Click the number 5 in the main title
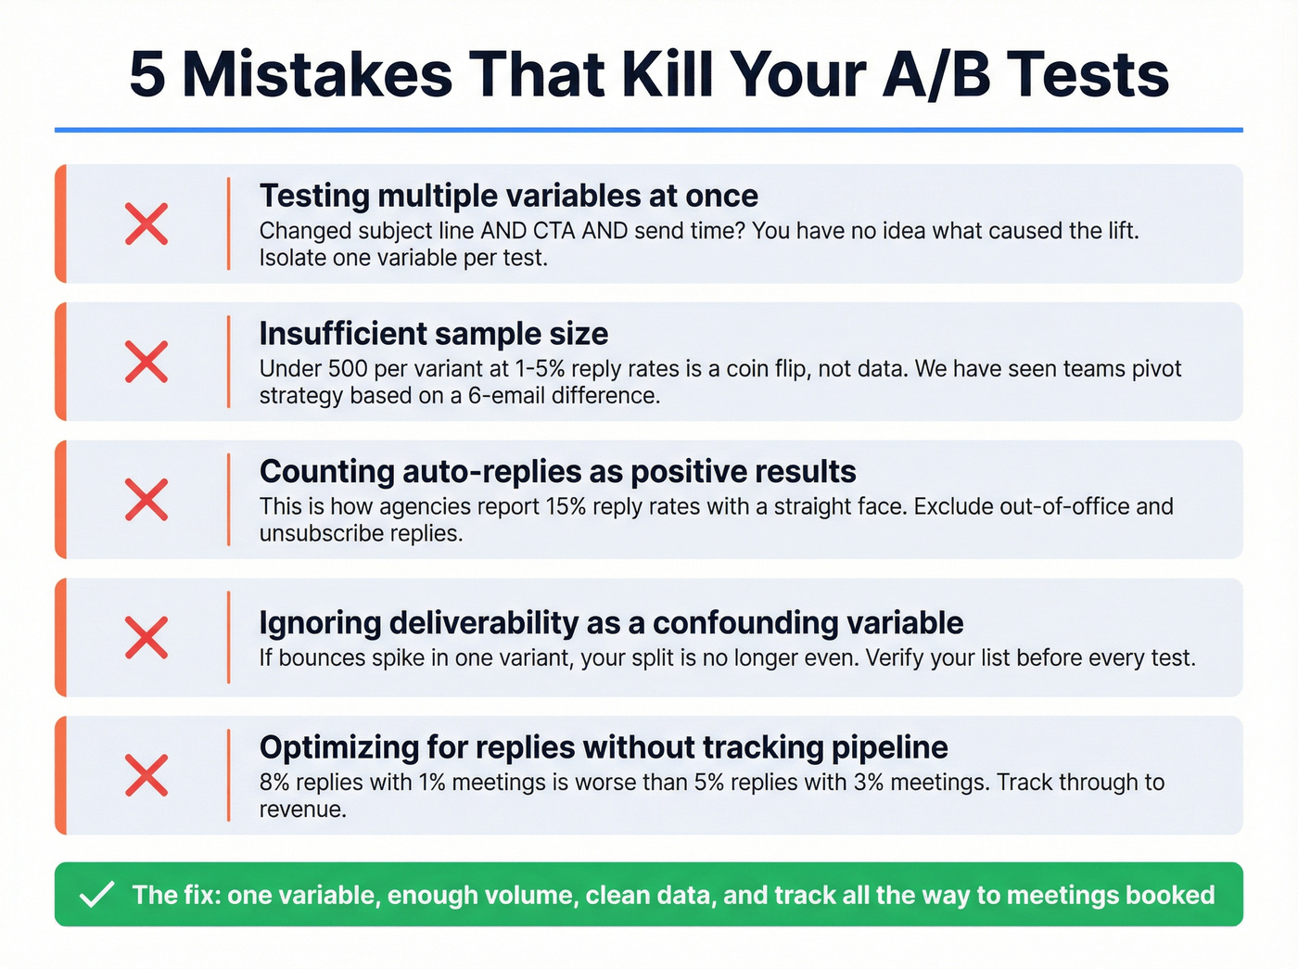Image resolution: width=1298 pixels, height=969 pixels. [148, 74]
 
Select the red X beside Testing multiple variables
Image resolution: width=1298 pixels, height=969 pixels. [146, 224]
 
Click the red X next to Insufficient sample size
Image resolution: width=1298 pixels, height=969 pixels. [146, 362]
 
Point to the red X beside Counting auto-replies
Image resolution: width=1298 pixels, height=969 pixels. [146, 500]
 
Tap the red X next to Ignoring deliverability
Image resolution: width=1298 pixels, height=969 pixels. [146, 638]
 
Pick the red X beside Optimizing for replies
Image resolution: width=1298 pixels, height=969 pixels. [146, 775]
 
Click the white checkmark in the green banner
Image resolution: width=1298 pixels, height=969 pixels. [96, 895]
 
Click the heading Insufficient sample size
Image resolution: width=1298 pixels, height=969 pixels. [434, 334]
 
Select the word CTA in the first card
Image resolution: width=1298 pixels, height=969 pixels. [554, 231]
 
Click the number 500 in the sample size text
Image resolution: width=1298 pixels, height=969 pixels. [348, 369]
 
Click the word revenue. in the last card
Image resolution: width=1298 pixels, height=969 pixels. [302, 810]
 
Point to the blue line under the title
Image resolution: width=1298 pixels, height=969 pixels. [649, 130]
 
